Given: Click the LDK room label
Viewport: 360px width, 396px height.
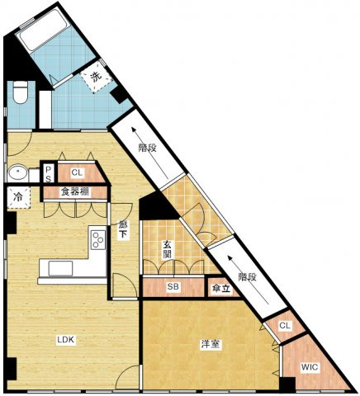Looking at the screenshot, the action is pos(66,340).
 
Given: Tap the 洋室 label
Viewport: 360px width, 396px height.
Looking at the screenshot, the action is pos(211,344).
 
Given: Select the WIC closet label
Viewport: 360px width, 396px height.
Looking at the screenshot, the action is pos(310,367).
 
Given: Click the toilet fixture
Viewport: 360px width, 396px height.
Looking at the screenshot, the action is pos(21,92).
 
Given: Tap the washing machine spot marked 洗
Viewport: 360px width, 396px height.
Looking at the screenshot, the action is pos(97,77).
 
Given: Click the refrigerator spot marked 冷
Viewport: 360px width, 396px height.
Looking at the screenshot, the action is pos(18,197).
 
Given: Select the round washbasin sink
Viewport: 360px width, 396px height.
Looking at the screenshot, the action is pos(17,172).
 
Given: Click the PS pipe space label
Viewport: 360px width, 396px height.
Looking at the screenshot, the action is pos(49,174).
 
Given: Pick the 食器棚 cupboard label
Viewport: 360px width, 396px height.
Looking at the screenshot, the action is pos(75,191).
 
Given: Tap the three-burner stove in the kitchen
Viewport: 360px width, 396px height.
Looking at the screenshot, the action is pos(98,239).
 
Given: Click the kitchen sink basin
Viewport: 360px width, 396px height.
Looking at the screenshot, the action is pos(61,268).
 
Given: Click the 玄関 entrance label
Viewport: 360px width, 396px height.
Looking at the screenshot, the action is pos(167,249).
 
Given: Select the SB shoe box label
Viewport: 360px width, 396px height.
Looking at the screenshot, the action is pos(173,286).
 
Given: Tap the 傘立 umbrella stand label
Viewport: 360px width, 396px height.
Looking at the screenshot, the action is pos(222,289).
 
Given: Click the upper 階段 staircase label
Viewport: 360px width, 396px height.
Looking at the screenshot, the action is pos(148,148).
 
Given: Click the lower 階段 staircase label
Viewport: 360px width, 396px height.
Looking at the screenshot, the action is pos(247,277).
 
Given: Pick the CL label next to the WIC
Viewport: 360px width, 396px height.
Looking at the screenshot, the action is pos(285,326).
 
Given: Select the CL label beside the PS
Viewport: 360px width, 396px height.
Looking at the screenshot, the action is pos(77,172).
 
